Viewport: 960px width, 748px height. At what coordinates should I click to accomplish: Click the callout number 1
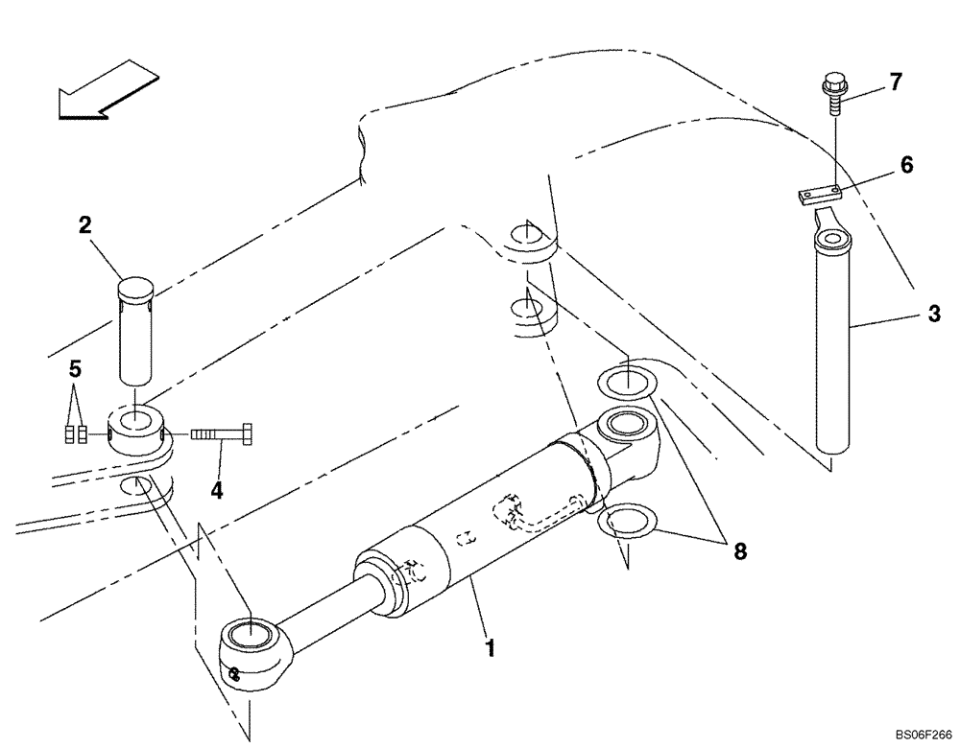(491, 648)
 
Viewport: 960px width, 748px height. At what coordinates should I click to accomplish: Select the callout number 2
(85, 226)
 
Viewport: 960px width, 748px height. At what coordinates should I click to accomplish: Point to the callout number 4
(217, 490)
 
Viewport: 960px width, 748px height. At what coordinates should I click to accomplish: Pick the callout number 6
(905, 166)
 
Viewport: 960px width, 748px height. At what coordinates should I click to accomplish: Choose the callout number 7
(895, 82)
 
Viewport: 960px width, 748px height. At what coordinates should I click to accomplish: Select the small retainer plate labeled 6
(818, 195)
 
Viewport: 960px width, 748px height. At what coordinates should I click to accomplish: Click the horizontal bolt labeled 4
(222, 433)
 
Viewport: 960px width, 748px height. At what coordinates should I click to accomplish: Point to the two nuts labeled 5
(76, 434)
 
